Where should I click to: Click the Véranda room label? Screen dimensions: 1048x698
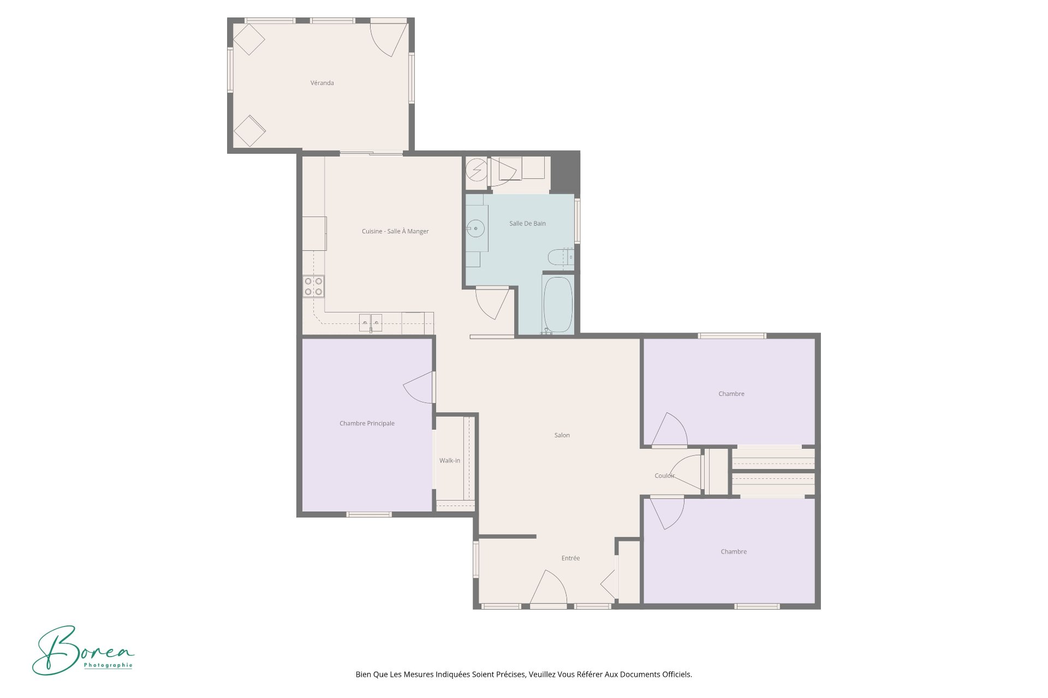pyautogui.click(x=322, y=83)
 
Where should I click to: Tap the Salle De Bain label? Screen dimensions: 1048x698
pyautogui.click(x=527, y=224)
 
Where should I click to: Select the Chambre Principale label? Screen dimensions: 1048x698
pyautogui.click(x=367, y=424)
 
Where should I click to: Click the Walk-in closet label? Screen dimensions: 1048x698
pyautogui.click(x=450, y=461)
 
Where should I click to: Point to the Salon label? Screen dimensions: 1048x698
pyautogui.click(x=562, y=435)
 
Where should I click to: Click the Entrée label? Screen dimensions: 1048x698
pyautogui.click(x=570, y=558)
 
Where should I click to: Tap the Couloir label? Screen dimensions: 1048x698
pyautogui.click(x=664, y=476)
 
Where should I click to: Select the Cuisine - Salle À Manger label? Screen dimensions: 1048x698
pyautogui.click(x=395, y=231)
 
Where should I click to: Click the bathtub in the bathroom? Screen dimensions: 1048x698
pyautogui.click(x=558, y=304)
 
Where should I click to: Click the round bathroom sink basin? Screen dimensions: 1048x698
pyautogui.click(x=475, y=228)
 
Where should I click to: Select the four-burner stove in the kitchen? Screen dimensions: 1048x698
pyautogui.click(x=313, y=286)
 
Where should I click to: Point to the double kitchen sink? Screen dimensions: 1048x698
pyautogui.click(x=370, y=322)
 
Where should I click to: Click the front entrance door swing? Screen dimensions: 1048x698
pyautogui.click(x=549, y=588)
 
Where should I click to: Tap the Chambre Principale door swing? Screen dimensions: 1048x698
pyautogui.click(x=419, y=387)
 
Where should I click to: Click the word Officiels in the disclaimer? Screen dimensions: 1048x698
pyautogui.click(x=677, y=675)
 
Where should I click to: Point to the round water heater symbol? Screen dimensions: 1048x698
pyautogui.click(x=477, y=170)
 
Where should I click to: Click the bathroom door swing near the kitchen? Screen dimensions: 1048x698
pyautogui.click(x=492, y=304)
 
